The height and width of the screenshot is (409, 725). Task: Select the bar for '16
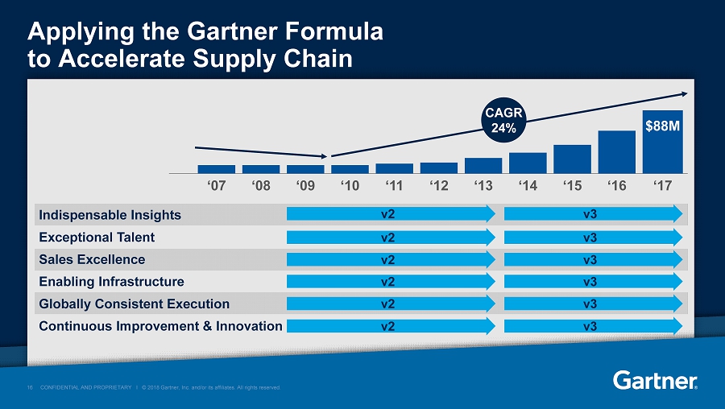[617, 151]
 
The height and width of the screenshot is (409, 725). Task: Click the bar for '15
[572, 159]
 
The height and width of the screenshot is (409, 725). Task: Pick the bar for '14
[528, 163]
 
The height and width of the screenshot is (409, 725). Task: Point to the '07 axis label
[217, 186]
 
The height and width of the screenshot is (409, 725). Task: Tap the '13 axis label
[483, 186]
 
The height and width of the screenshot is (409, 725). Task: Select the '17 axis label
[663, 186]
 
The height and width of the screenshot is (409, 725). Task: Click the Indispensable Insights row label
[110, 215]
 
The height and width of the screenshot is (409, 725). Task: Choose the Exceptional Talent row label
[97, 238]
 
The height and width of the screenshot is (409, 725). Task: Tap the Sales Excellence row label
[92, 259]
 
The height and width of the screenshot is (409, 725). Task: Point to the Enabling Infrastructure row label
[111, 282]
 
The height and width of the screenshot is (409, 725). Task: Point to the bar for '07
[217, 169]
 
